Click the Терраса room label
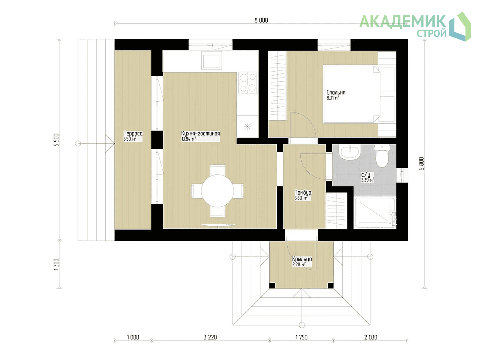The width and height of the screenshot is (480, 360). [x=133, y=133]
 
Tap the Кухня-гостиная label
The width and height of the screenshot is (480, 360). [x=201, y=133]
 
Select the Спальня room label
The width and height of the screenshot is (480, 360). [x=336, y=93]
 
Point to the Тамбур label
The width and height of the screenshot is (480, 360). [x=303, y=193]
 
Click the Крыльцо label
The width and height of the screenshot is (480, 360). [x=302, y=259]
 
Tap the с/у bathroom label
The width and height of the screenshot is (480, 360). [x=366, y=175]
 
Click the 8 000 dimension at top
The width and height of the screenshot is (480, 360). [x=261, y=20]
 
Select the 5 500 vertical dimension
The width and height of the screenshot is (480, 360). [x=56, y=140]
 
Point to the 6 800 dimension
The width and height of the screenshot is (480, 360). [x=422, y=164]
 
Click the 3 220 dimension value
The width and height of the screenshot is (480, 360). [x=210, y=337]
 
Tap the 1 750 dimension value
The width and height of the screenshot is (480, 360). [x=301, y=337]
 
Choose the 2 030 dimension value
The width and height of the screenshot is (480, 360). [x=370, y=337]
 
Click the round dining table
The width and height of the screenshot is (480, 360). [x=217, y=191]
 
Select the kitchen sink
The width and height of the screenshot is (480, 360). [x=211, y=60]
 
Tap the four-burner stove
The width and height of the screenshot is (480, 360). [x=248, y=82]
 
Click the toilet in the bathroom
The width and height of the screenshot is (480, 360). [x=382, y=155]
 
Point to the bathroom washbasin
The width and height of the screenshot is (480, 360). [x=350, y=152]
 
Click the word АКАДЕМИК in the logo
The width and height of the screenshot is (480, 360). [x=403, y=21]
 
